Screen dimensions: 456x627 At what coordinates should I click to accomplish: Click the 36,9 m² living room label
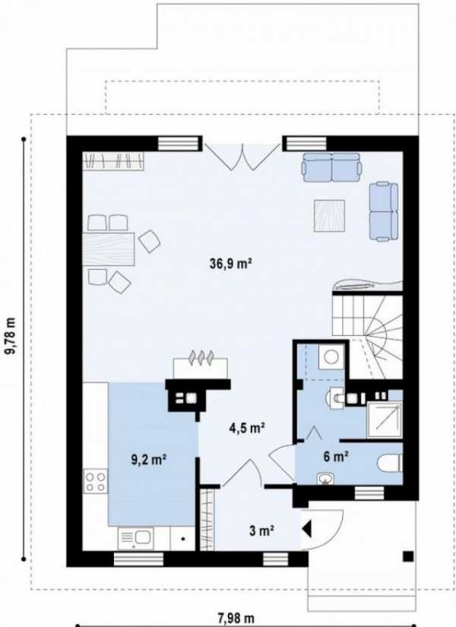tap(230, 264)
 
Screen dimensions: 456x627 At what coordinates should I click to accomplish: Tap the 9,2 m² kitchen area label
tap(149, 460)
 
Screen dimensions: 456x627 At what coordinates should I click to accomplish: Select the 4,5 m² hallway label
tap(247, 429)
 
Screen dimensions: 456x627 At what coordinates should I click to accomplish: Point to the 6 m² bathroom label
tap(336, 457)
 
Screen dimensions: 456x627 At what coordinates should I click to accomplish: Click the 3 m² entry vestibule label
tap(261, 531)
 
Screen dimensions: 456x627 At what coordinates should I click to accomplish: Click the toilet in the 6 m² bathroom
tap(390, 462)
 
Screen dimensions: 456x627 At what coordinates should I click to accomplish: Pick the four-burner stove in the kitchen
tap(95, 481)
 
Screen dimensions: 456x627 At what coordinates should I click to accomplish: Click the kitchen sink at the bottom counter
tap(135, 538)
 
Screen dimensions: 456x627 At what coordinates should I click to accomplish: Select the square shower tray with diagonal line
tap(385, 419)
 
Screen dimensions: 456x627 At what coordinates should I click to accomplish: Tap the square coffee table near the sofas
tap(329, 216)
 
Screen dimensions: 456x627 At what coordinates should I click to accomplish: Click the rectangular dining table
tap(109, 249)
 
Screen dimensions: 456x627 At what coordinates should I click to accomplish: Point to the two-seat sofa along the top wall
tap(331, 166)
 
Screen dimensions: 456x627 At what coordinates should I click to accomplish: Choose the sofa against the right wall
tap(384, 211)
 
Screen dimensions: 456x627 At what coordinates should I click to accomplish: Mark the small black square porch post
tap(407, 556)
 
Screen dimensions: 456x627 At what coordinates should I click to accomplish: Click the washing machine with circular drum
tap(331, 356)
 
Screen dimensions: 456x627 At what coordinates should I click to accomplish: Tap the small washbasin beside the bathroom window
tap(325, 479)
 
